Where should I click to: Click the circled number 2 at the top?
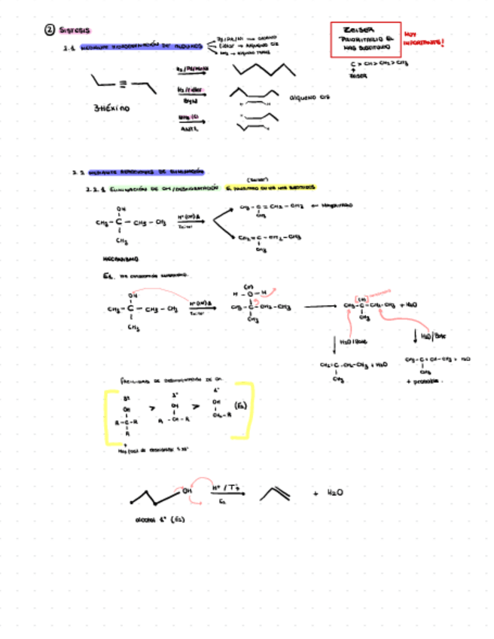(x=49, y=30)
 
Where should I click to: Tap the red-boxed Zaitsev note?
(x=364, y=40)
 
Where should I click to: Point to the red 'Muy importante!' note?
(x=423, y=39)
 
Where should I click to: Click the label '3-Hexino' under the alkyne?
(x=111, y=108)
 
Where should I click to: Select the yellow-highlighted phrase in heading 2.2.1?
(x=271, y=188)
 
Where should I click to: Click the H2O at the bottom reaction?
(x=336, y=492)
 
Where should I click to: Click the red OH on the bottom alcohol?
(x=188, y=491)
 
